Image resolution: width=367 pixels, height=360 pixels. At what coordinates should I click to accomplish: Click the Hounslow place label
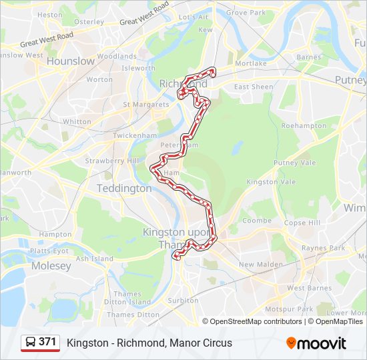[x=70, y=61]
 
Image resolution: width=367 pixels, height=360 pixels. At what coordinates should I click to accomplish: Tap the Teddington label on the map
[x=124, y=189]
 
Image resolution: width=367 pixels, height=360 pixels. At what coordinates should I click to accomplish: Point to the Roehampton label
[x=304, y=125]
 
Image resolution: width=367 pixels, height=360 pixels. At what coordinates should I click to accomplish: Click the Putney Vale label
[x=294, y=163]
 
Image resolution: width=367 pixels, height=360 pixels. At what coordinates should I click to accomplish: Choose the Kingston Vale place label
[x=271, y=182]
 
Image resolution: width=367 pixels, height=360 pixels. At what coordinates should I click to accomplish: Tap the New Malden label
[x=258, y=265]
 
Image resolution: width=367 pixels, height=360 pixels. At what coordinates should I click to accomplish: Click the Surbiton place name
[x=183, y=301]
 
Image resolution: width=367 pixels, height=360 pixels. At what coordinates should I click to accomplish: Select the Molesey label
[x=51, y=266]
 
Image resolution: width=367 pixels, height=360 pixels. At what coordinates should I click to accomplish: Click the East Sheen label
[x=254, y=87]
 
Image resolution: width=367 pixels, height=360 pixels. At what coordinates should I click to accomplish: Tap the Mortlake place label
[x=250, y=63]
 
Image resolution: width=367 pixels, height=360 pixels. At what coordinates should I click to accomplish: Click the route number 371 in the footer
[x=47, y=342]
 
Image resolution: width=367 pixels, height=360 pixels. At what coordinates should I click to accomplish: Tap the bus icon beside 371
[x=31, y=343]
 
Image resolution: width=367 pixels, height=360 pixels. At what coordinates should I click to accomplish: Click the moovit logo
[x=316, y=343]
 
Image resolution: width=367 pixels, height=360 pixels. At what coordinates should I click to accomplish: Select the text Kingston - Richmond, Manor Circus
[x=149, y=343]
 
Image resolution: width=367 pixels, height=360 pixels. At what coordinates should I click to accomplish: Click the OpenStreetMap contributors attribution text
[x=256, y=321]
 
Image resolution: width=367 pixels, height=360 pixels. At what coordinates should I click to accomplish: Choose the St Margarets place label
[x=145, y=105]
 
